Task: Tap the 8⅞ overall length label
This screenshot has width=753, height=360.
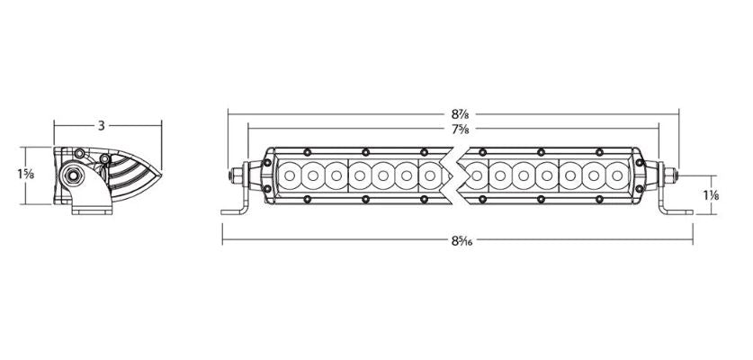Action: click(462, 114)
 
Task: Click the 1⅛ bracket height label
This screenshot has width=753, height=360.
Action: click(710, 195)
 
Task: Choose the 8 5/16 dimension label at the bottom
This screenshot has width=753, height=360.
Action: click(460, 240)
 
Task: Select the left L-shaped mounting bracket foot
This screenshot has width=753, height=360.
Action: click(235, 209)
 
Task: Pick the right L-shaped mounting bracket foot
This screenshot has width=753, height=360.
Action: click(675, 209)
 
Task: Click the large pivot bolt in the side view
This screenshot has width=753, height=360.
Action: click(74, 173)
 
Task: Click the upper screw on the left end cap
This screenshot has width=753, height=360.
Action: click(267, 162)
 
